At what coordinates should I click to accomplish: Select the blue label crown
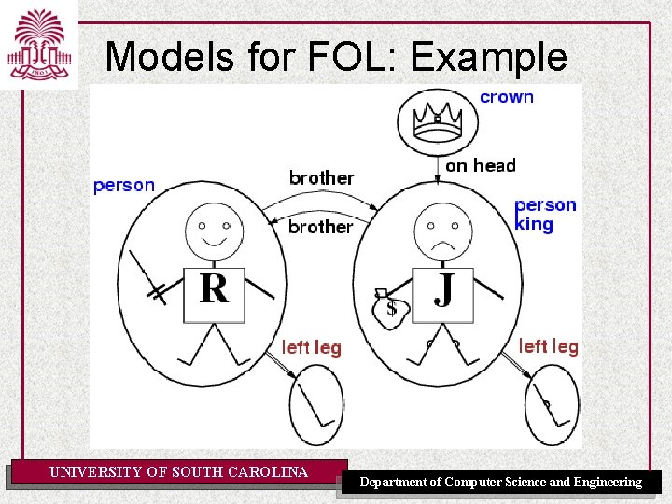point(507,97)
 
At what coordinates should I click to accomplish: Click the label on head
point(481,166)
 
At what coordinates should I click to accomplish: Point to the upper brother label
point(321,177)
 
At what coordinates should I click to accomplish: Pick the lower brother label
point(321,227)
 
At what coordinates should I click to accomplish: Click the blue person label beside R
point(124,185)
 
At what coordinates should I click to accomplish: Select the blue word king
point(535,224)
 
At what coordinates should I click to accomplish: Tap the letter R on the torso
point(214,289)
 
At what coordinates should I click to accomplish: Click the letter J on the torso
point(444,289)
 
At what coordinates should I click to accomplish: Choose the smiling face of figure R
point(214,230)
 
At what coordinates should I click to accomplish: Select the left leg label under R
point(312,348)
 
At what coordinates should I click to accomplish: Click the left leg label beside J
point(549,347)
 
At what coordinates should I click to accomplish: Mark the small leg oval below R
point(315,404)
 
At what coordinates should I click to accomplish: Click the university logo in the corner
point(37,45)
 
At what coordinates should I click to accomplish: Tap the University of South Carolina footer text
point(178,472)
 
